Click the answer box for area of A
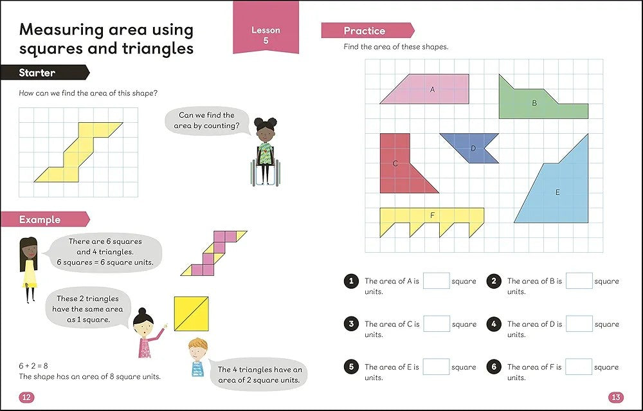437,281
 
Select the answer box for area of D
579,324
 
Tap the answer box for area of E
437,367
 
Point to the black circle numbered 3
351,324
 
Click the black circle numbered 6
494,367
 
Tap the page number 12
26,397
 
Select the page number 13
616,397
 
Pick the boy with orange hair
198,357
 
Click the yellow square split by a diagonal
191,314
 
